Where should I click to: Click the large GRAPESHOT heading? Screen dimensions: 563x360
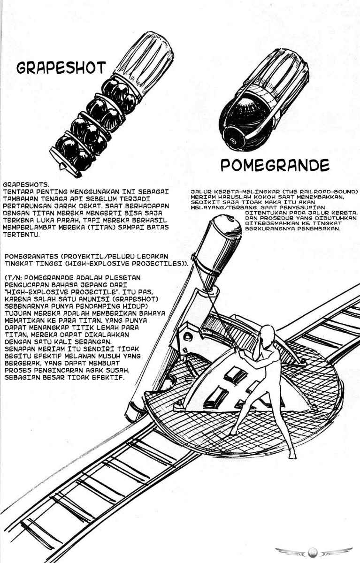(x=61, y=68)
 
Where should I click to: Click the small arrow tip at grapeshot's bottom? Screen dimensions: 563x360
(x=63, y=165)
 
